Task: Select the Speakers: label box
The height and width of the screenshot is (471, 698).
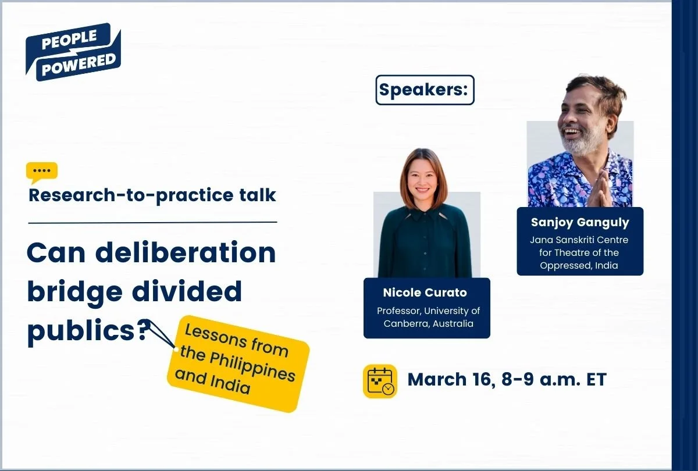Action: [425, 90]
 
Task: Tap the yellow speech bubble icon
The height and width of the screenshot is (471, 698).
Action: [42, 172]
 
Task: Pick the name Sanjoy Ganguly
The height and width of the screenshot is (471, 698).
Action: [580, 223]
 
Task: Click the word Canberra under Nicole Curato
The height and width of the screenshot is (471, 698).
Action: [407, 324]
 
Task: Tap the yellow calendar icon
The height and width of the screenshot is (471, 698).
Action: [380, 381]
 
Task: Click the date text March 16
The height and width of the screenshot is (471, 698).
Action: [448, 380]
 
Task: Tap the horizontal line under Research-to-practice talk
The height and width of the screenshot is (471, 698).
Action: [152, 222]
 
